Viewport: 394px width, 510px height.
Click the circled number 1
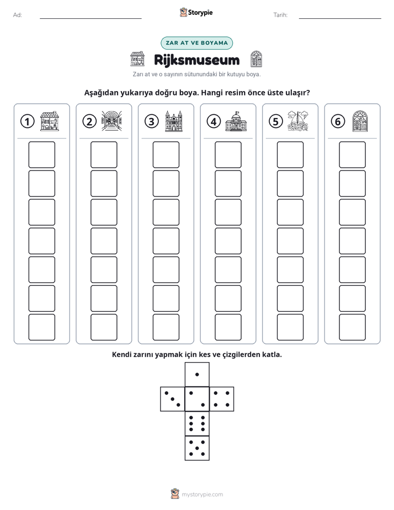click(27, 121)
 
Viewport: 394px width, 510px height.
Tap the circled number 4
click(214, 121)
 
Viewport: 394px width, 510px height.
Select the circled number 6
click(338, 121)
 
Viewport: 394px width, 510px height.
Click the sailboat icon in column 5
click(298, 121)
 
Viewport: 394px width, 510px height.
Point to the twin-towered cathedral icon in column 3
click(174, 121)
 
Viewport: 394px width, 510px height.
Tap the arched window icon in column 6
click(360, 121)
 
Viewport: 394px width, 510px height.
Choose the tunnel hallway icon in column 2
click(111, 121)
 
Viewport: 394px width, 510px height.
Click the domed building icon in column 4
click(236, 121)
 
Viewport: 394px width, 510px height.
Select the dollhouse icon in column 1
click(50, 121)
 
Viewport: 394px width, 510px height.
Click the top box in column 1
click(41, 155)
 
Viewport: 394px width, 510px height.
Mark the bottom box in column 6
click(353, 327)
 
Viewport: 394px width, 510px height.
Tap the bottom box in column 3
click(166, 327)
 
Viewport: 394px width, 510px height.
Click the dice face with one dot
click(197, 375)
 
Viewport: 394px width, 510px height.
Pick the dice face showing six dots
click(197, 423)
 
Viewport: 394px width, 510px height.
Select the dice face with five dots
click(197, 448)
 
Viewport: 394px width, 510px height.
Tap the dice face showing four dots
click(222, 399)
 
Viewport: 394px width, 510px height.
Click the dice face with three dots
click(173, 399)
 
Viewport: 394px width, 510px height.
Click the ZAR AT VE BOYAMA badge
click(196, 43)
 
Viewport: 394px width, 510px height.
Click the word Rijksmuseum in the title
click(196, 60)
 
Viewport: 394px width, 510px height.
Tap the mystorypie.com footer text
click(202, 495)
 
